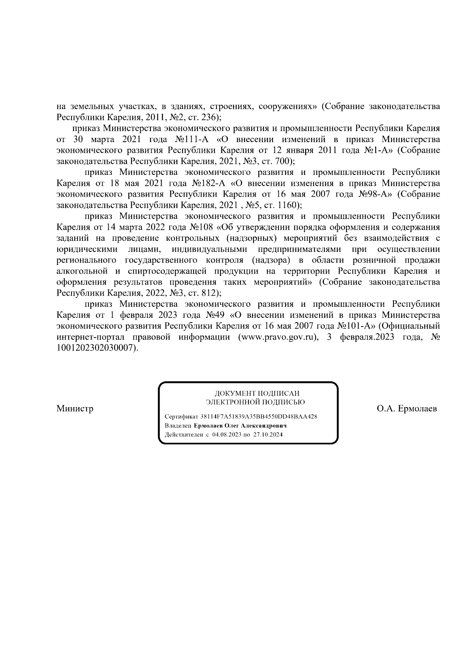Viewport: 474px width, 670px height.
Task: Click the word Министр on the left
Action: click(x=75, y=409)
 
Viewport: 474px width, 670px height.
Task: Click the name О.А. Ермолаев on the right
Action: click(x=407, y=409)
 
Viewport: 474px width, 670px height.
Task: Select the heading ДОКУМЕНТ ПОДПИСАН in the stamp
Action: click(x=257, y=394)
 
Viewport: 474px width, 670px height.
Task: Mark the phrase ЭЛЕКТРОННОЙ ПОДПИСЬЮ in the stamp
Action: click(x=255, y=402)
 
